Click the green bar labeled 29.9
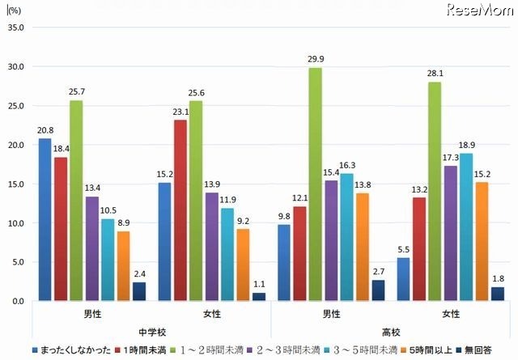tap(314, 184)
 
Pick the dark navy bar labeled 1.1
tap(259, 296)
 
